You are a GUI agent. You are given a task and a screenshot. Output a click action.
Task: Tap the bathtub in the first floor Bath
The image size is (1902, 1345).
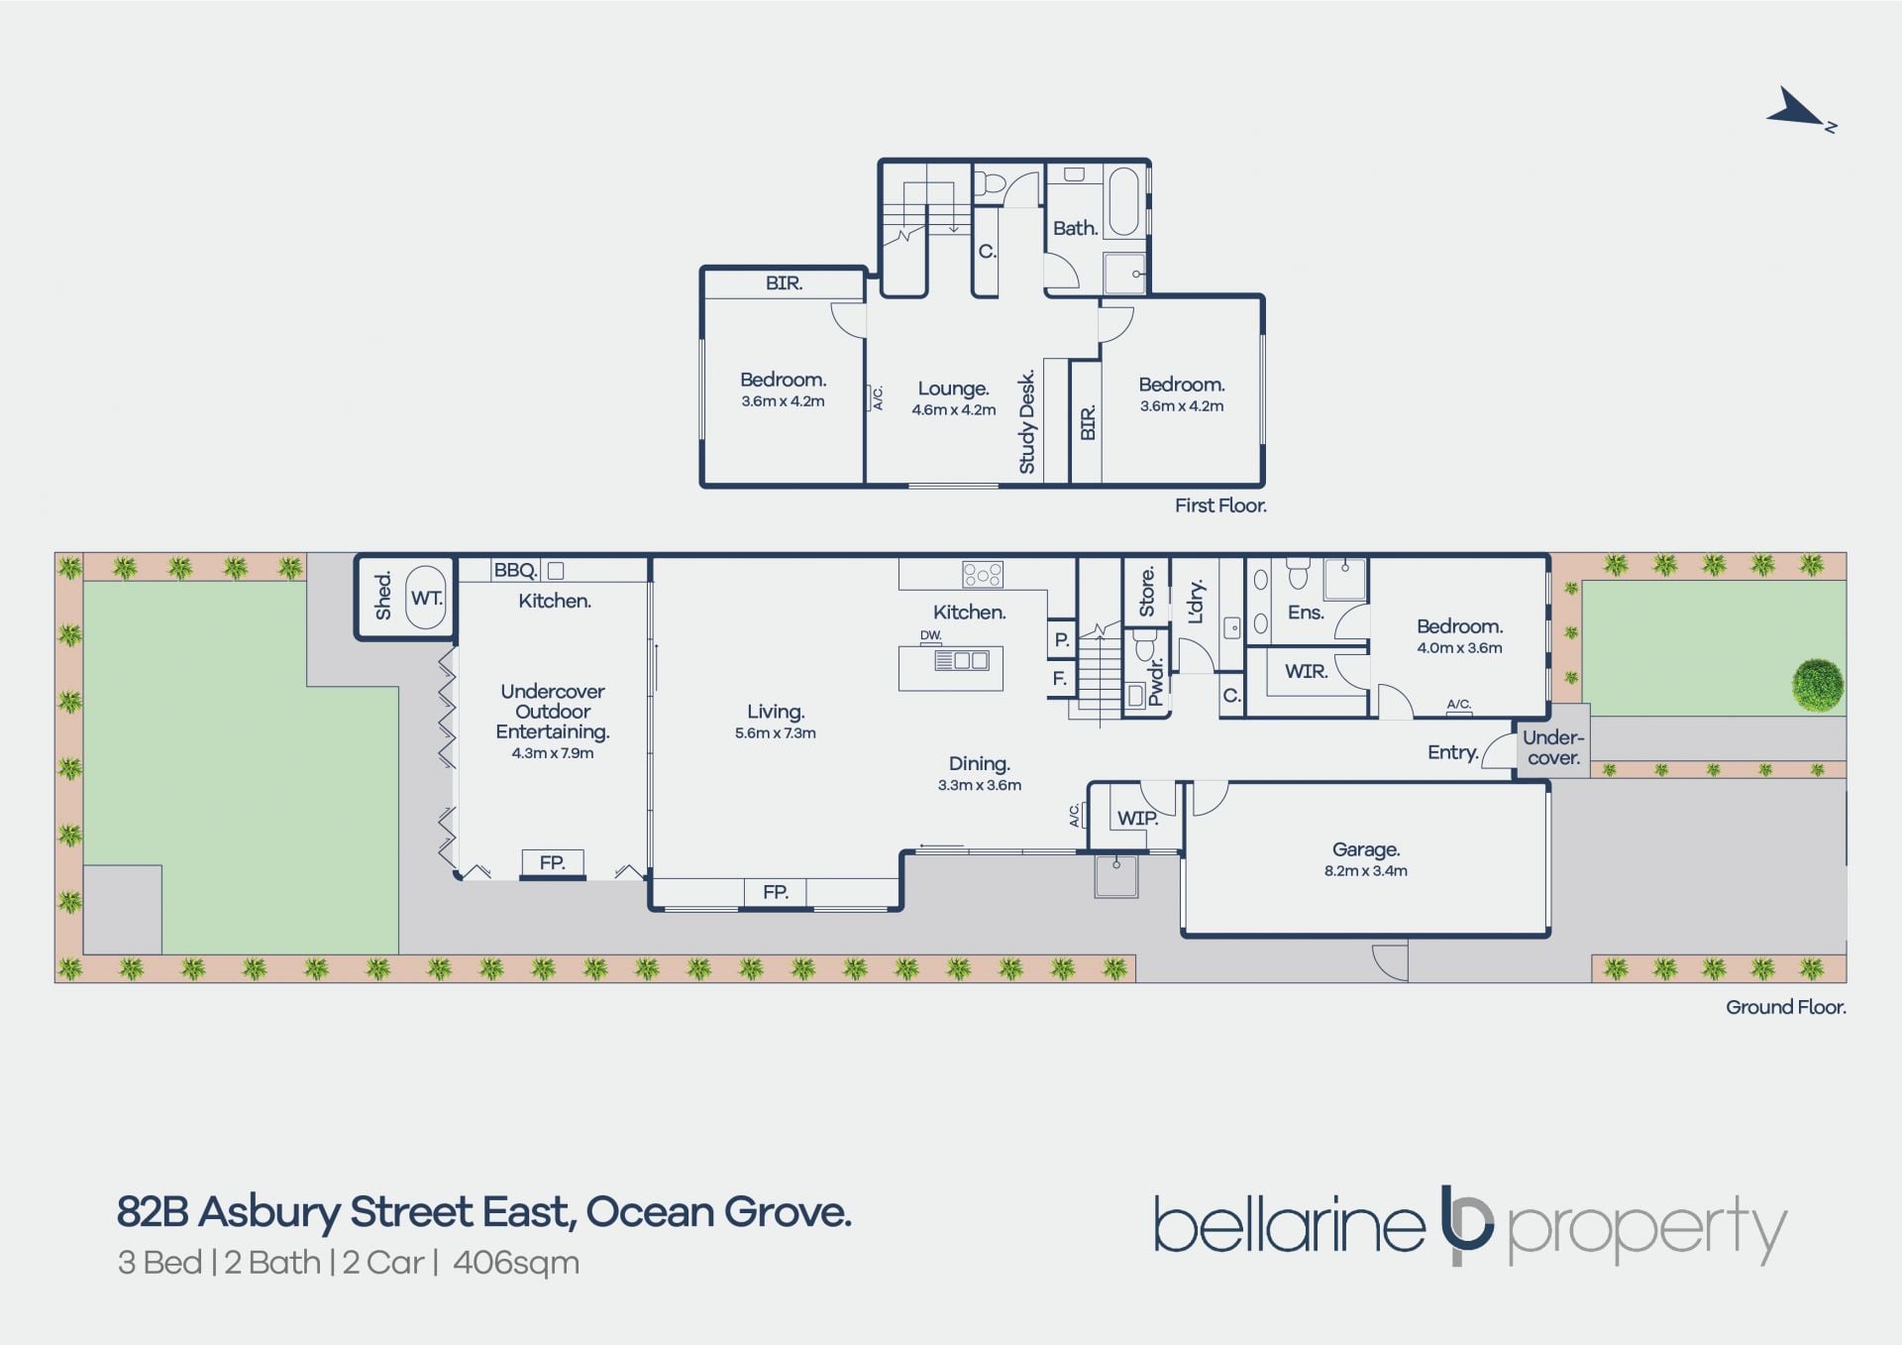coord(1123,201)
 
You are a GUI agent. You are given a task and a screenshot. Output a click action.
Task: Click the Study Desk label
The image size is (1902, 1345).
coord(1026,421)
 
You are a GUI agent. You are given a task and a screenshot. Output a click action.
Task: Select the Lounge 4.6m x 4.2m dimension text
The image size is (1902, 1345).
coord(953,410)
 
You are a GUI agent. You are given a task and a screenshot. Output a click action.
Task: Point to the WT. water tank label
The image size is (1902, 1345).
coord(426,598)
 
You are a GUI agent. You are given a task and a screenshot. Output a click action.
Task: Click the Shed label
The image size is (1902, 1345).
coord(383,595)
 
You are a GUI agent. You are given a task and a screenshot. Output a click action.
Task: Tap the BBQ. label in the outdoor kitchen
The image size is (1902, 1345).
coord(515,570)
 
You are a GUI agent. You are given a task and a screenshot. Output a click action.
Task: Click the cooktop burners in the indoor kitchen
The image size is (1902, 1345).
coord(982,574)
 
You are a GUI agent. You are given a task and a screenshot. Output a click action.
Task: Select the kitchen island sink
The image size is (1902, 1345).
coord(961,660)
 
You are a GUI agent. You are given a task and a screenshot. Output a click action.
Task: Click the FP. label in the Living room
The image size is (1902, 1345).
coord(776,892)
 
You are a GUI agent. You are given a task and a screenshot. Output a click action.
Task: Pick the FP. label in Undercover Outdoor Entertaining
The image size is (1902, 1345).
coord(552,863)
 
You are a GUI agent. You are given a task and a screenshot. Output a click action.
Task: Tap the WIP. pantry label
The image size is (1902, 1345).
coord(1137,819)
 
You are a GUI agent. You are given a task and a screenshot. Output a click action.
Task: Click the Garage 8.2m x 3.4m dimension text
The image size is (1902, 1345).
coord(1366,871)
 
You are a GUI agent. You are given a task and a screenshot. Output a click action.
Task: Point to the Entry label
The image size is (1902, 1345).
coord(1453,753)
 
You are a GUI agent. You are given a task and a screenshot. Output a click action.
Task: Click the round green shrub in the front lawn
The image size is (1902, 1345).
coord(1818,685)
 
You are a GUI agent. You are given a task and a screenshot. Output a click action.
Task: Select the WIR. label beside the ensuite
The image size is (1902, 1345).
coord(1306,671)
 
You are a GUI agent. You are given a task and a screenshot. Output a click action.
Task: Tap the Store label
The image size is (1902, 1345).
coord(1147,592)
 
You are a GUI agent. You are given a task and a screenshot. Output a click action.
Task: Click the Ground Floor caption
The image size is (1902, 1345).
coord(1786,1007)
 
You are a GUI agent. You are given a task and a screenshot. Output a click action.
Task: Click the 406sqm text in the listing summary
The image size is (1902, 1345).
coord(516,1263)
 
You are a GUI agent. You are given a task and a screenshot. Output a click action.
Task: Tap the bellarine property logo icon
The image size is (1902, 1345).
coord(1467,1224)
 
